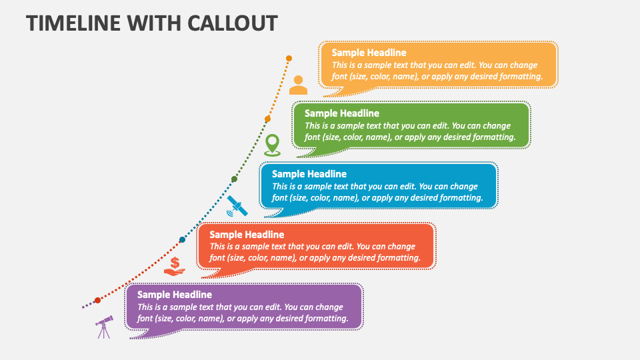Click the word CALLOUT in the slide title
coord(226,23)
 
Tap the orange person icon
coord(298,85)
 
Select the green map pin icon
coord(271,145)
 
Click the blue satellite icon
coord(237,206)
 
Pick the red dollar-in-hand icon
coord(175,266)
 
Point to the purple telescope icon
coord(103,327)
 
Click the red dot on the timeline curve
coord(97,301)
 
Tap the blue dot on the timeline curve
coord(182,239)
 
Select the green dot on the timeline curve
coord(234,179)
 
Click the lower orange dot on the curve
coord(267,119)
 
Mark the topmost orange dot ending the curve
coord(289,59)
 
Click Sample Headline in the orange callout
coord(369,53)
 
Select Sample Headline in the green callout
coord(341,113)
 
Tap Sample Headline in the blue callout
coord(309,174)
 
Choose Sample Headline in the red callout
coord(247,235)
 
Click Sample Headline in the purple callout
coord(174,295)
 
